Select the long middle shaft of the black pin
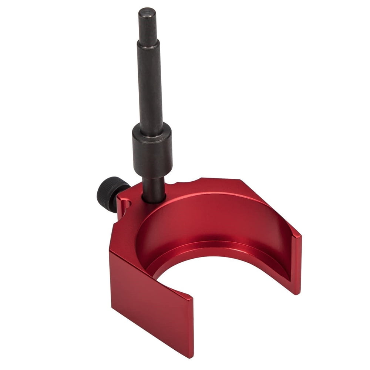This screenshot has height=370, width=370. click(150, 89)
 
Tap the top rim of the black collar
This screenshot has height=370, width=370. click(152, 128)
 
